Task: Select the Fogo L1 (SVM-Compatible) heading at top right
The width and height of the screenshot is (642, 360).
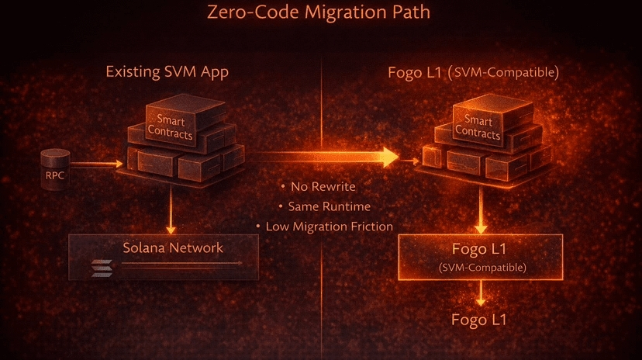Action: [473, 73]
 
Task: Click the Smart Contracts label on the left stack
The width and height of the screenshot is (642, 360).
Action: [172, 126]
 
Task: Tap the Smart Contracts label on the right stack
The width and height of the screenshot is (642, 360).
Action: [478, 127]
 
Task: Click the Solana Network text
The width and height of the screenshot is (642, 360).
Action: [173, 248]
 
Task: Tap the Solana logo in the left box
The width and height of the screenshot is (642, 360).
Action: [102, 267]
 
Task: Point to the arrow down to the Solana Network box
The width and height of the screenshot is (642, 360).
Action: [170, 211]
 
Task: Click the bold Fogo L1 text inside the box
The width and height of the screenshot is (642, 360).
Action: [478, 251]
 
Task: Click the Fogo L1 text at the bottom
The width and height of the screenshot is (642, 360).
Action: [479, 320]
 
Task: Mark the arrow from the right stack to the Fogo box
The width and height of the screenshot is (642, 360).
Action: [480, 209]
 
